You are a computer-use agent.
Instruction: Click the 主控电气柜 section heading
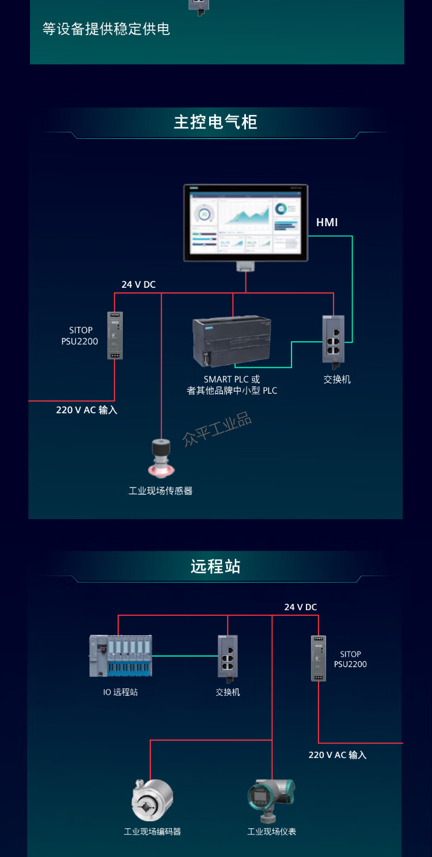click(x=215, y=122)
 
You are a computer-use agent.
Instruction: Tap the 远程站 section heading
click(x=215, y=566)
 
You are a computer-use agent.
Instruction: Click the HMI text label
click(x=327, y=222)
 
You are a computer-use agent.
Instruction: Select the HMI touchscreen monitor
click(x=245, y=223)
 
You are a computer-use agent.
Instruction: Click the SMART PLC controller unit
click(x=232, y=342)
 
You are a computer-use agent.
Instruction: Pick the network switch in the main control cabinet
click(x=334, y=340)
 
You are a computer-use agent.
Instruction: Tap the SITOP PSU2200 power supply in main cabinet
click(x=115, y=335)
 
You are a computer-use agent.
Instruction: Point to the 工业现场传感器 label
click(x=161, y=491)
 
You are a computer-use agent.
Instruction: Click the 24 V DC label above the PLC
click(x=138, y=284)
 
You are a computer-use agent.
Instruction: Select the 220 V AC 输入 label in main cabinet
click(x=86, y=410)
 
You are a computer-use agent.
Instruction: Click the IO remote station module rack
click(x=121, y=656)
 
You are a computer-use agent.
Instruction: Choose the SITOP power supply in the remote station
click(x=319, y=658)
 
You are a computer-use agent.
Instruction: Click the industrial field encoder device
click(x=152, y=800)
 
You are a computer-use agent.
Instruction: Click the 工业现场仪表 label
click(x=272, y=832)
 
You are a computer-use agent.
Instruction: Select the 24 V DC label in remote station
click(x=301, y=607)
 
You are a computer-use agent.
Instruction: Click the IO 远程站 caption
click(x=120, y=692)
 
